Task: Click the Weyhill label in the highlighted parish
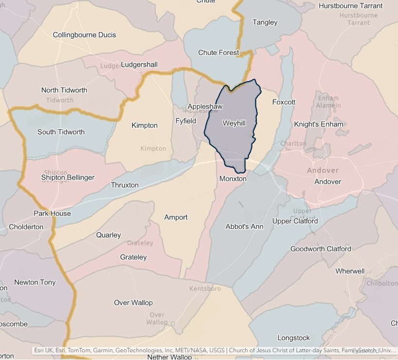[234, 123]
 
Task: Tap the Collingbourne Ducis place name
[84, 35]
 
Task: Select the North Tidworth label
[64, 90]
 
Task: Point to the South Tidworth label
[61, 132]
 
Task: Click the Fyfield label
[186, 120]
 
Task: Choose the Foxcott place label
[283, 102]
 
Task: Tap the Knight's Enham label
[318, 124]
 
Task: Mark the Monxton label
[233, 179]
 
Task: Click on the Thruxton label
[125, 185]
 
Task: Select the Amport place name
[176, 217]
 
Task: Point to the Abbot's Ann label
[244, 226]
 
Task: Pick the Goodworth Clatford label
[320, 249]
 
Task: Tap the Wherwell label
[350, 271]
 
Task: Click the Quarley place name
[109, 235]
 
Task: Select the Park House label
[52, 213]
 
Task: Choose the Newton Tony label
[35, 282]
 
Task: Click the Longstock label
[294, 338]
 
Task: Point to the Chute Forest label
[218, 52]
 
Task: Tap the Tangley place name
[265, 22]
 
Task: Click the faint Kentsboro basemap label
[205, 289]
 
